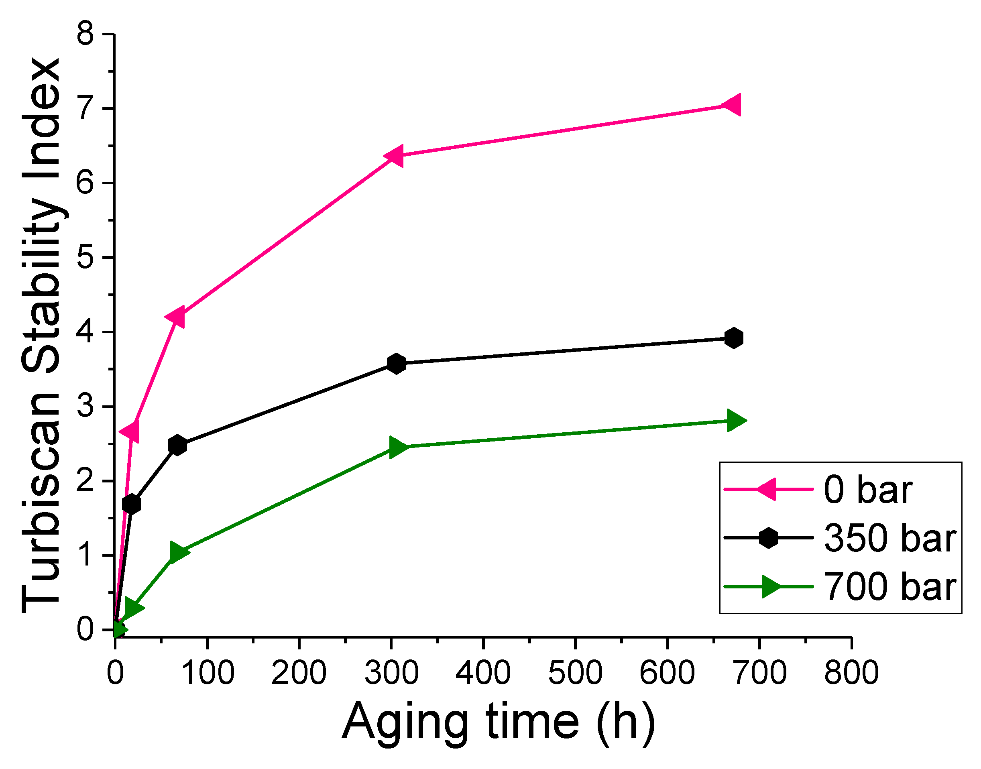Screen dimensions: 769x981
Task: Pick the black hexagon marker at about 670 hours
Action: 734,338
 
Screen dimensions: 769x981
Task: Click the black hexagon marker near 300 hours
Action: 396,363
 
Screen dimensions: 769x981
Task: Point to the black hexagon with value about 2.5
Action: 177,445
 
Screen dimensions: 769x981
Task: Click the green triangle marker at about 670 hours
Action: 735,421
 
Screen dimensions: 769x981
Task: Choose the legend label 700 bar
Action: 889,587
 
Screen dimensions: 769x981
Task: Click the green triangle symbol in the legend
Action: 770,587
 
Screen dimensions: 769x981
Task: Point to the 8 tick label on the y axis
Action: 85,34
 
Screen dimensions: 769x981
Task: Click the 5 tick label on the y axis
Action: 85,258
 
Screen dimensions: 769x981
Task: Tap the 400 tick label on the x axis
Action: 483,673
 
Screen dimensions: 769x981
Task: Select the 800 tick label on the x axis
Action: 851,673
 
